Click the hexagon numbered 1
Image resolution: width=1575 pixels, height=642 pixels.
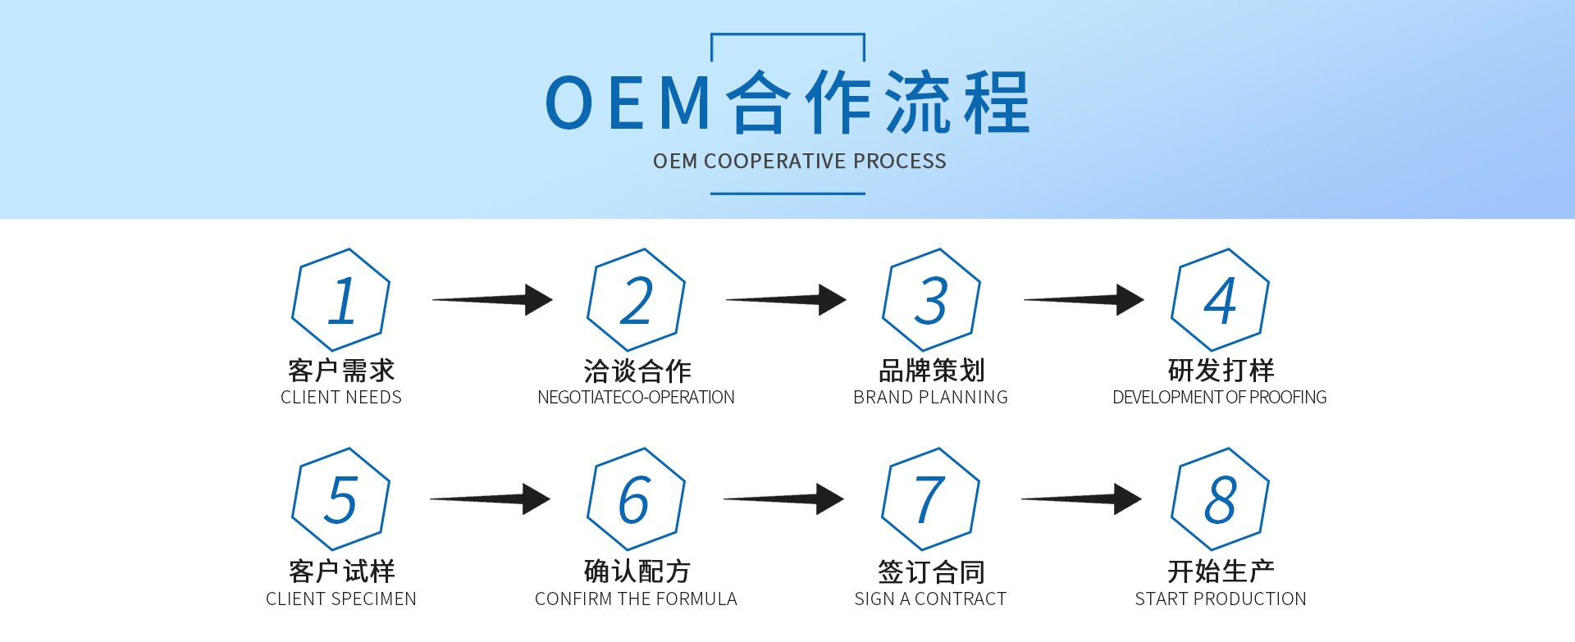pos(341,300)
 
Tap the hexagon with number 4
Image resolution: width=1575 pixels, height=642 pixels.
pos(1220,300)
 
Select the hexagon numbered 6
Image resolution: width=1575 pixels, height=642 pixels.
pos(636,499)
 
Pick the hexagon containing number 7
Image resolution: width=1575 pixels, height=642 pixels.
pos(930,499)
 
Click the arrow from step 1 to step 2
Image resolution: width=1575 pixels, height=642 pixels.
pos(493,300)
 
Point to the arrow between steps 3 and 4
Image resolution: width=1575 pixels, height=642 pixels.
pos(1084,300)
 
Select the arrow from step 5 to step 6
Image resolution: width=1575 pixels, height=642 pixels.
pos(491,499)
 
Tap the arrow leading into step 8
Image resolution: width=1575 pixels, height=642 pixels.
pos(1081,499)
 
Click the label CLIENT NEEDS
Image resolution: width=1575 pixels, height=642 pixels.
pos(341,398)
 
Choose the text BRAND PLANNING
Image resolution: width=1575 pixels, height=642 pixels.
pos(930,398)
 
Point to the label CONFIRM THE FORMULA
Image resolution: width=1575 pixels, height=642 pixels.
pos(636,599)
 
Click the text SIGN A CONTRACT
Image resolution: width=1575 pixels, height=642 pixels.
pos(930,599)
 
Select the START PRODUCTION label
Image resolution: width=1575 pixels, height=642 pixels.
pos(1221,599)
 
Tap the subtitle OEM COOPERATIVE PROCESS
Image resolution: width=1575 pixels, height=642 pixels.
pos(800,162)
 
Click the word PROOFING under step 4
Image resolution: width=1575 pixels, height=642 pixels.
pos(1288,398)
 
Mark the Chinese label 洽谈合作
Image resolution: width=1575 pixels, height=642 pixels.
pos(637,371)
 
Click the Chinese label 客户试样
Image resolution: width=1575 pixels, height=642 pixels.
pos(341,571)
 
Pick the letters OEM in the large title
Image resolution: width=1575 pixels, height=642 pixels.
pos(628,103)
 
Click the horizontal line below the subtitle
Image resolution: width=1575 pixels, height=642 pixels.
pos(787,194)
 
